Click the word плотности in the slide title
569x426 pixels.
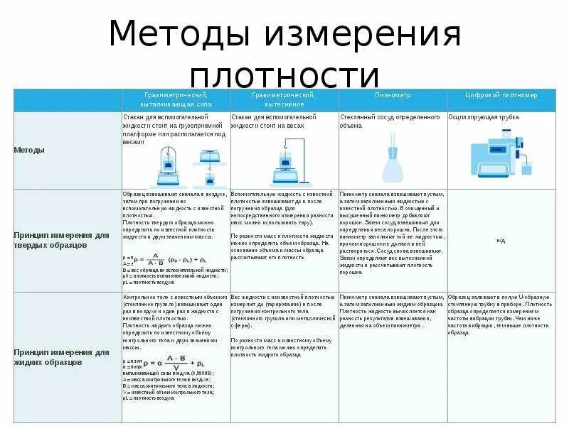point(284,77)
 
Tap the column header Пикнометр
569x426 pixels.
point(392,94)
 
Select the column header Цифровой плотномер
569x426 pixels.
point(501,94)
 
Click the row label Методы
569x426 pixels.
point(29,150)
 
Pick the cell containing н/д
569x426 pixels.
point(501,241)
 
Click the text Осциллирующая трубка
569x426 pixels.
point(484,116)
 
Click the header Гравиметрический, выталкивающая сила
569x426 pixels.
point(175,99)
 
